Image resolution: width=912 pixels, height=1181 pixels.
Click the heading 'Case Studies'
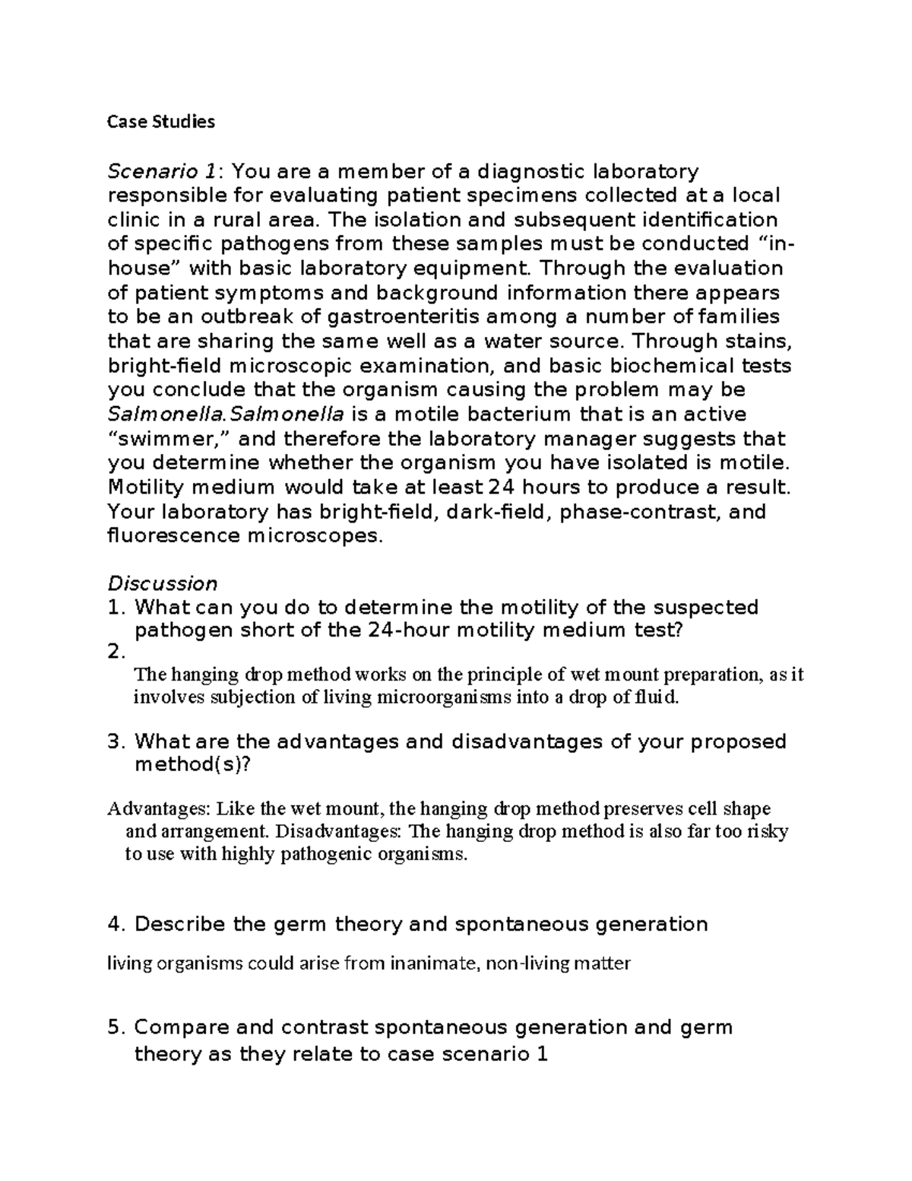(x=160, y=122)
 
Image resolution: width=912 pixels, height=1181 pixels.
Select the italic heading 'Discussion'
(x=162, y=583)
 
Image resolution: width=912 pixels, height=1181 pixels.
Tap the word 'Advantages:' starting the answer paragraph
(x=153, y=808)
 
